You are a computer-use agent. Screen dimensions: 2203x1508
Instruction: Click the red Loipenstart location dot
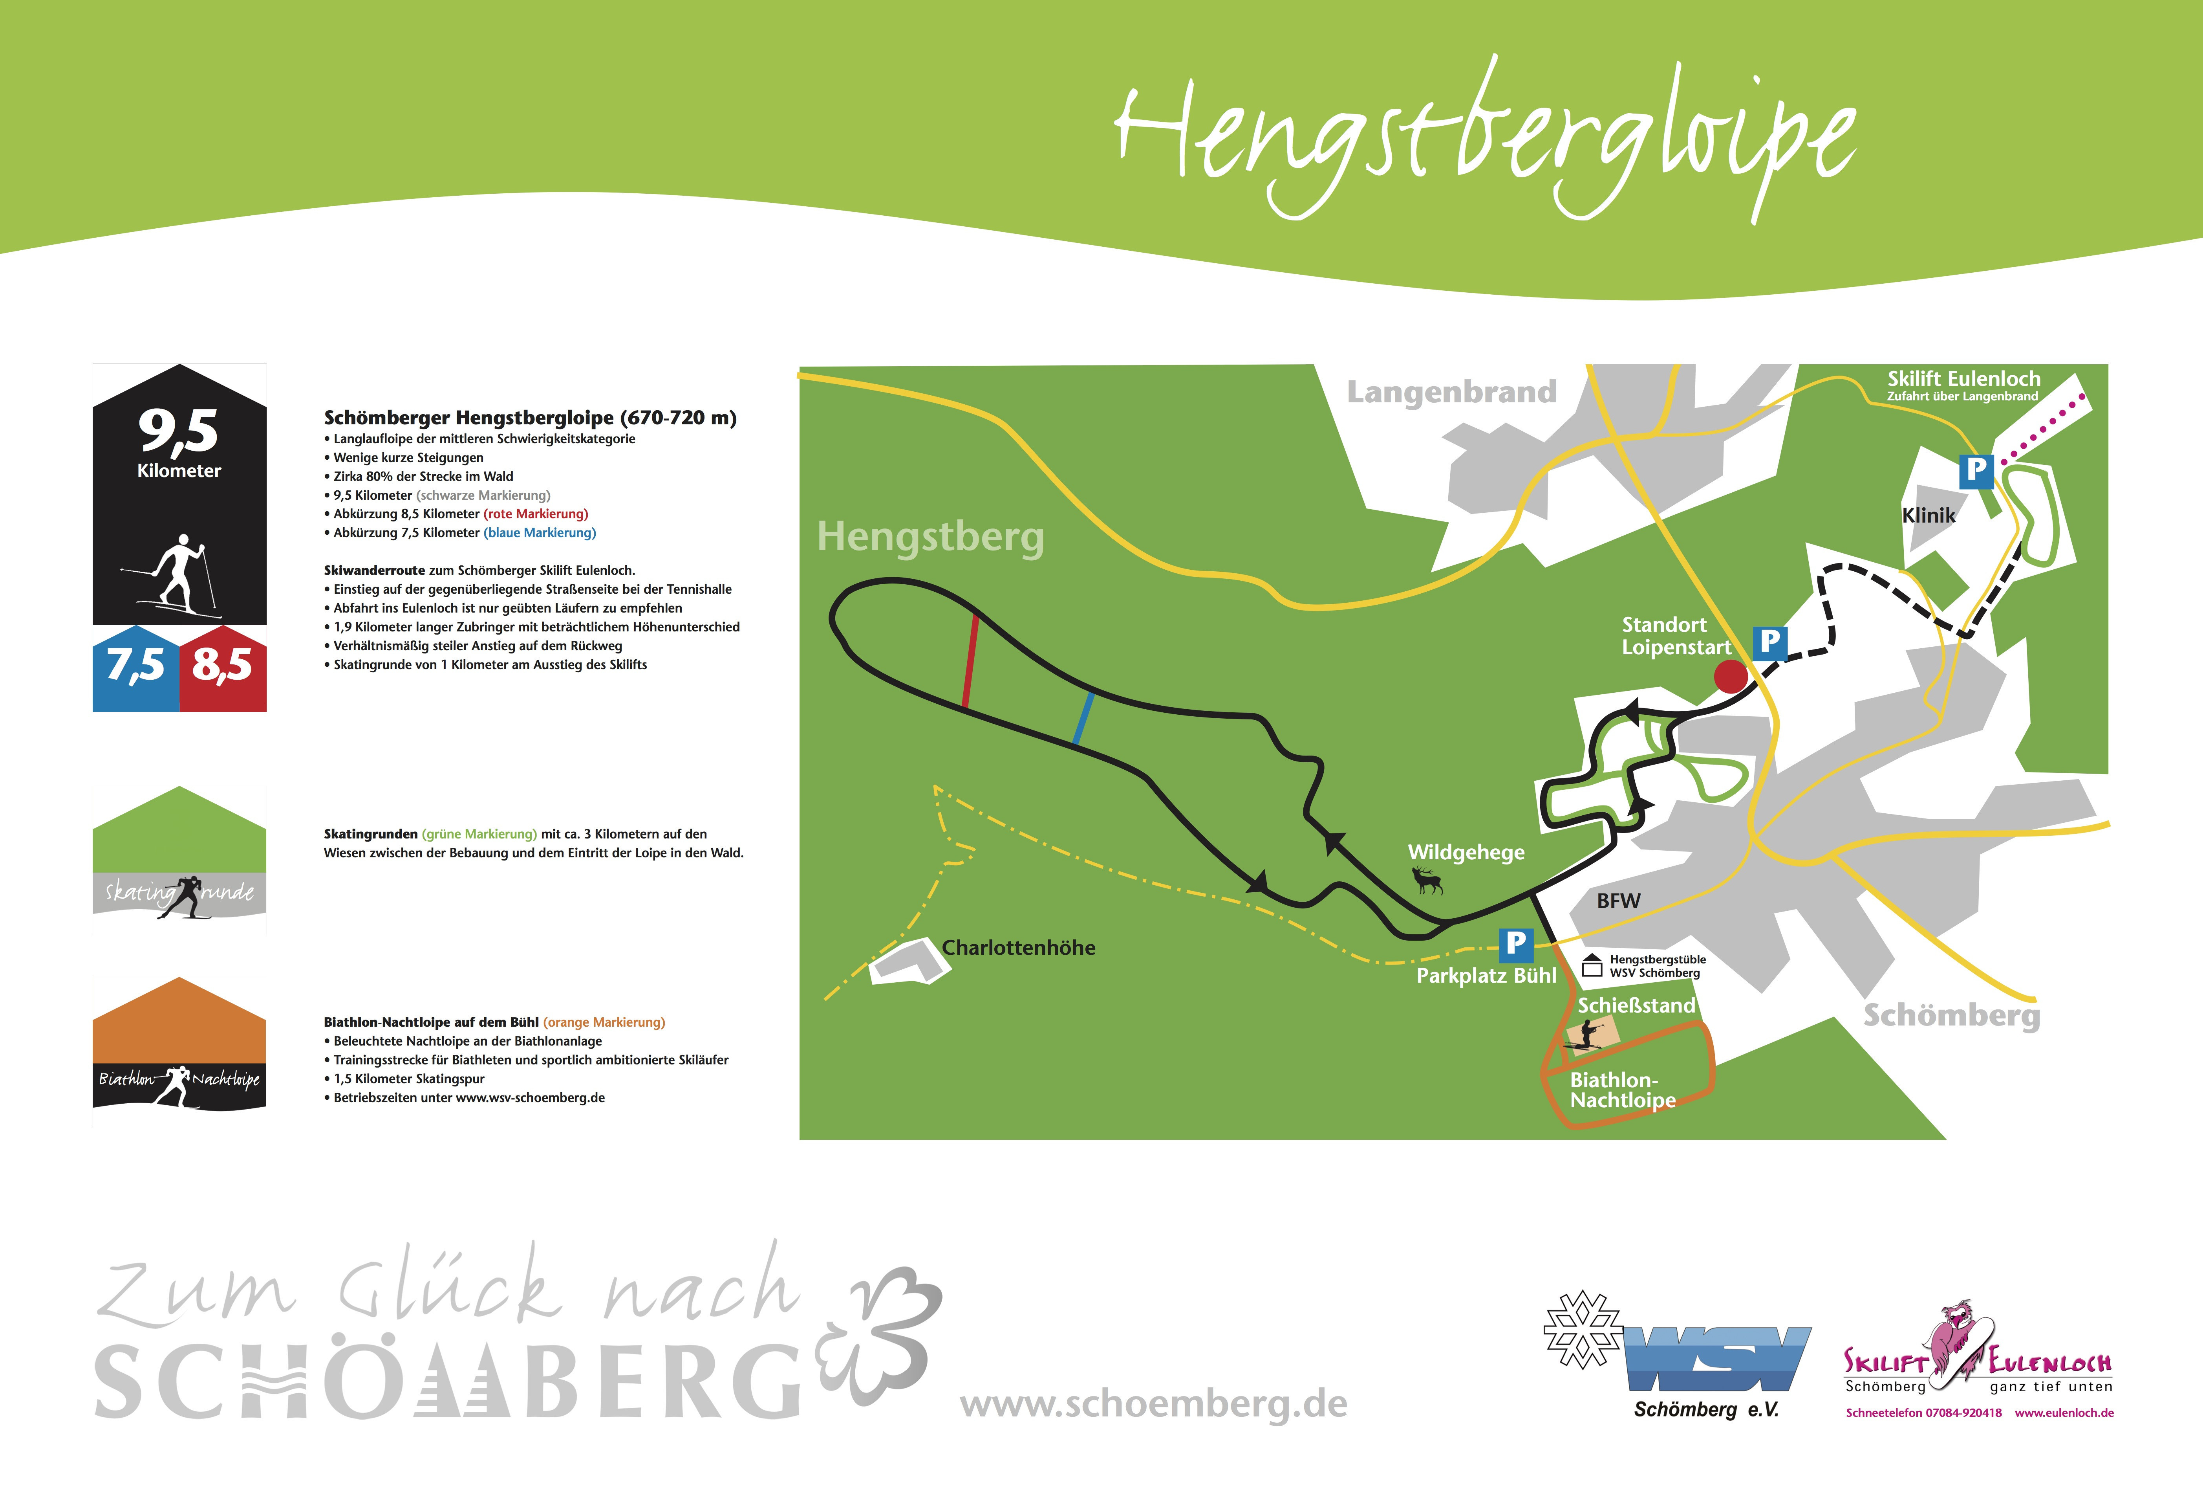click(x=1730, y=676)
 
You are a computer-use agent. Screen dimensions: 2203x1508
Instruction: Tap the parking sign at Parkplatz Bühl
click(x=1515, y=943)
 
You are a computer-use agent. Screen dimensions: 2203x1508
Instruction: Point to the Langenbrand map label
click(x=1451, y=392)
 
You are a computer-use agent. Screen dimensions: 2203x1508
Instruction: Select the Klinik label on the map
click(x=1928, y=515)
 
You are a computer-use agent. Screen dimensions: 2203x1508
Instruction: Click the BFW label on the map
click(x=1618, y=901)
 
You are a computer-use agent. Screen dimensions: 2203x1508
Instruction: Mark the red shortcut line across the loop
click(x=970, y=661)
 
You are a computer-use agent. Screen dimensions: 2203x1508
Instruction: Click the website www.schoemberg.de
click(x=1154, y=1403)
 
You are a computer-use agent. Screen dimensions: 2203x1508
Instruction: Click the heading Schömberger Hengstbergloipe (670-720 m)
click(x=530, y=417)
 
